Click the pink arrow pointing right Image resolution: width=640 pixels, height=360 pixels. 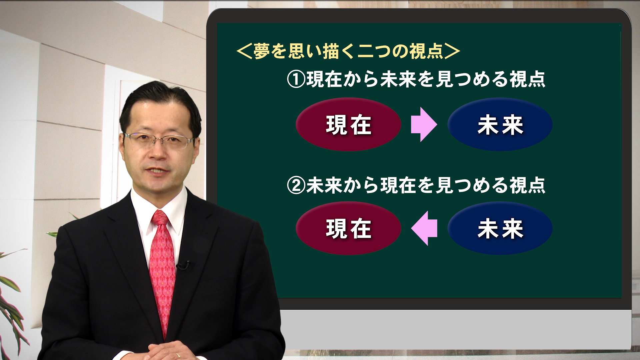[x=424, y=124]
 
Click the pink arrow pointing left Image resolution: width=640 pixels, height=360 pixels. [x=424, y=228]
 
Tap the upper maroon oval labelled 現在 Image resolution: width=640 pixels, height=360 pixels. [x=348, y=124]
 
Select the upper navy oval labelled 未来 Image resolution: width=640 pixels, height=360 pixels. [x=500, y=124]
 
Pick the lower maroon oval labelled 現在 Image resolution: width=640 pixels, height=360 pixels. [x=348, y=228]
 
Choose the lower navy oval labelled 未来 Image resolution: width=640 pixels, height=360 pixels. [x=500, y=228]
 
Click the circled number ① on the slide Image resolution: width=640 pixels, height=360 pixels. [x=296, y=80]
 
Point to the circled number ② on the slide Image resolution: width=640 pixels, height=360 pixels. [x=296, y=186]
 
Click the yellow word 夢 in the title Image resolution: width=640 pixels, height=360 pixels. [x=262, y=51]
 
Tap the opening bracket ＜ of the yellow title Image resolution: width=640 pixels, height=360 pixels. [x=244, y=51]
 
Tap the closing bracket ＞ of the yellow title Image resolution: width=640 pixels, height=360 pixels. [x=452, y=51]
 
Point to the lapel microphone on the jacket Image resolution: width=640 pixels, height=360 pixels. [x=183, y=266]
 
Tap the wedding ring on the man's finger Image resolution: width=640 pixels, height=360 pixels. [x=178, y=355]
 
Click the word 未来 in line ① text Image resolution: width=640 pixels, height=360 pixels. [x=398, y=79]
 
